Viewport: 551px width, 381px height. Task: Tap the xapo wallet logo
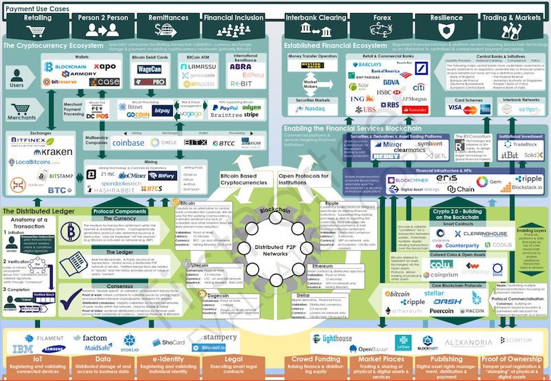coord(103,66)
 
